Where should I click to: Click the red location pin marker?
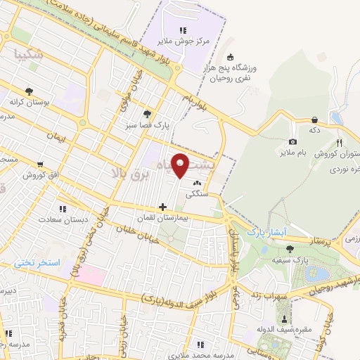pos(181,166)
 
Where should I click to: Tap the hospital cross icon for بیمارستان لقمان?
pos(163,207)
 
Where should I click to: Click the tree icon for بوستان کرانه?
pos(29,91)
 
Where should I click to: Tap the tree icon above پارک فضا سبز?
pos(146,113)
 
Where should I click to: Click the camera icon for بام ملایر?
pos(292,141)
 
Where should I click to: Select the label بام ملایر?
pos(292,152)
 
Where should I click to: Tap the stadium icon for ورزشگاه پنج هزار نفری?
pos(230,58)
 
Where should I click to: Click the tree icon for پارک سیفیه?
pos(290,249)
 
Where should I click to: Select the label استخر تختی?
pos(37,263)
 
